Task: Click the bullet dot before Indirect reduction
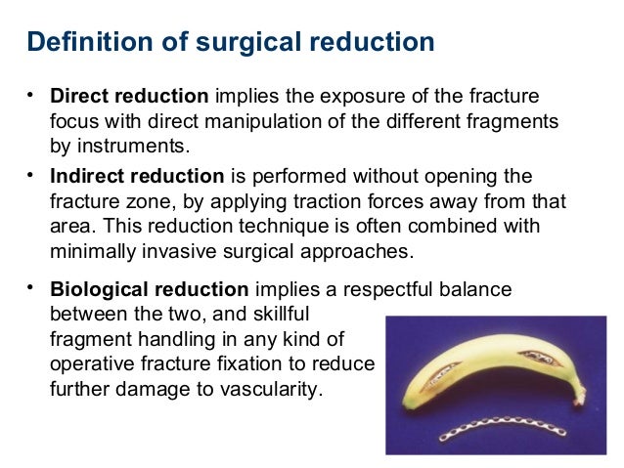31,174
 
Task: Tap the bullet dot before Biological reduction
31,286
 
